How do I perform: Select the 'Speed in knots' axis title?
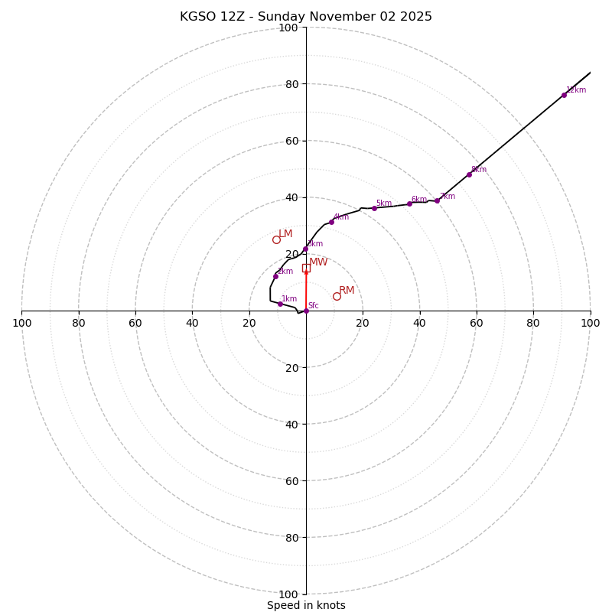click(306, 606)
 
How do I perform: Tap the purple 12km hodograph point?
click(564, 95)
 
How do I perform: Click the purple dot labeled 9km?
click(469, 174)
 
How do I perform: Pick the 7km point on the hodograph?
click(437, 200)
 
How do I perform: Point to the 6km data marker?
click(409, 203)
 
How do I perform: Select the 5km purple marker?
click(374, 208)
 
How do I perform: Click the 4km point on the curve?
click(331, 222)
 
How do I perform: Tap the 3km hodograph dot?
click(305, 249)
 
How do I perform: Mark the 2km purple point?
click(275, 276)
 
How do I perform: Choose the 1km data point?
click(280, 304)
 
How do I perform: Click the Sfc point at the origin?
click(306, 311)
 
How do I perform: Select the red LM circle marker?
click(276, 239)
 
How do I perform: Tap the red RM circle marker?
click(337, 296)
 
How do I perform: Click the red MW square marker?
click(306, 268)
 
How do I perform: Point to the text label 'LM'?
click(285, 233)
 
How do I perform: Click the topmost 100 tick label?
click(288, 28)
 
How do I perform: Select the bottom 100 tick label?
click(288, 594)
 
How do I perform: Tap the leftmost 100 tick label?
click(22, 323)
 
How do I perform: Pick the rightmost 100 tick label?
click(590, 323)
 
